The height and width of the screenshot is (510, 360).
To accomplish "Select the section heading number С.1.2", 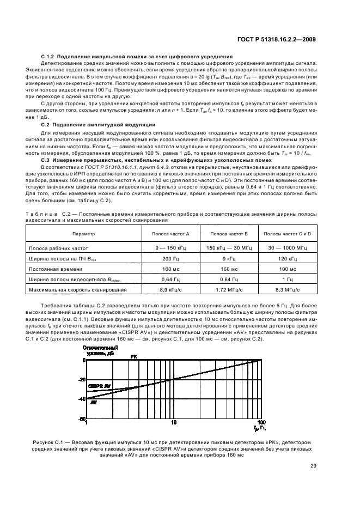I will pos(49,57).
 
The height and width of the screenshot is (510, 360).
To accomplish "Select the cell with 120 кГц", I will pos(287,258).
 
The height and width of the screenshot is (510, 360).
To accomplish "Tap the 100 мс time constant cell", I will pos(287,269).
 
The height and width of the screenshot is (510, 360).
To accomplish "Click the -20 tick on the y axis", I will pos(82,380).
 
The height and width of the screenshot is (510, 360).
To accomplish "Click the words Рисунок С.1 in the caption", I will pos(60,442).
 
